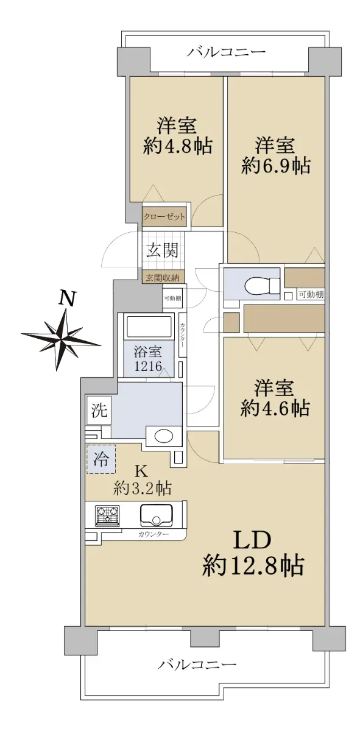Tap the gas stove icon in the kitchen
(x=107, y=515)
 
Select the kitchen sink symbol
(x=157, y=515)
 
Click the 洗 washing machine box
(x=99, y=410)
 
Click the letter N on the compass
(x=67, y=298)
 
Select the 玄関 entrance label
(x=162, y=250)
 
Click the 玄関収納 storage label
(x=163, y=278)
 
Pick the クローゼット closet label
(x=164, y=216)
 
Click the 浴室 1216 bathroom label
(x=148, y=359)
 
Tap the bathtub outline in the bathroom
(x=149, y=326)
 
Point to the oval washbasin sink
(x=163, y=436)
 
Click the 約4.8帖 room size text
(x=177, y=146)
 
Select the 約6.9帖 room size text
(x=276, y=166)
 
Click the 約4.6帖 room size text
(x=275, y=408)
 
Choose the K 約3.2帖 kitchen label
(x=142, y=480)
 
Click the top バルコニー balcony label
(x=226, y=52)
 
